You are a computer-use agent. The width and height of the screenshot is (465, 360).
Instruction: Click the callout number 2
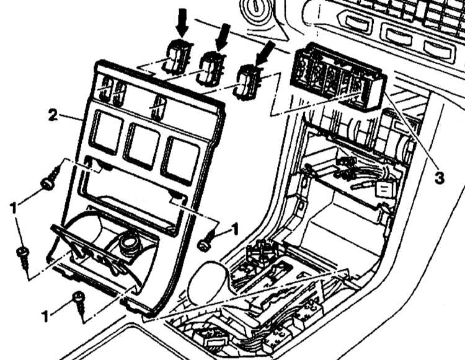53,115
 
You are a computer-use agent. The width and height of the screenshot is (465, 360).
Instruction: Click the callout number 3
439,178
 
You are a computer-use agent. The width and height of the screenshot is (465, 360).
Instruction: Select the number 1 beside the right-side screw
234,229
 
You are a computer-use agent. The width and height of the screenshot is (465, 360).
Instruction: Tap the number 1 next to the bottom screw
45,317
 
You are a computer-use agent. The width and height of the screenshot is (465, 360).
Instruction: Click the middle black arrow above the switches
223,37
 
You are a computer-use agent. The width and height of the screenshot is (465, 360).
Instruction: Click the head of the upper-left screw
48,184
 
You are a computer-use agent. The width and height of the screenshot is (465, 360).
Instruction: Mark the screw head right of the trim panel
203,245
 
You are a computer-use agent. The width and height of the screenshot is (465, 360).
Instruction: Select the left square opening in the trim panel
106,132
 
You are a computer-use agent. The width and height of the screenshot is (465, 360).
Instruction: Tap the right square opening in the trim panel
180,160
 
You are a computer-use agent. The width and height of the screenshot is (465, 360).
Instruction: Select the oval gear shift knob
208,280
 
